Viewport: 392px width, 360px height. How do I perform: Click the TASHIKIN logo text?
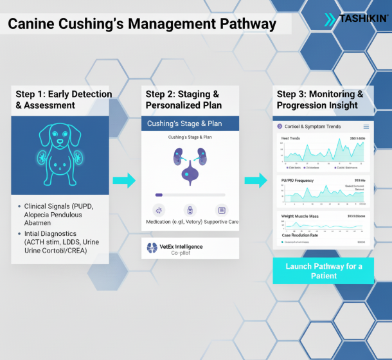tap(364, 19)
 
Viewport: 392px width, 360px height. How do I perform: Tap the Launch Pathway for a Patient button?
tap(323, 271)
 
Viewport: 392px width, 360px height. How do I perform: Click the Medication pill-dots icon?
tap(159, 210)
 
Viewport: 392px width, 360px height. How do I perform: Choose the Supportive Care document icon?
tap(221, 210)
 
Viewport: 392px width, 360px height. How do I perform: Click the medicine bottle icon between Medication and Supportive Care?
tap(190, 210)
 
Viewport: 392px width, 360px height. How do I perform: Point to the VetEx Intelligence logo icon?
tap(152, 248)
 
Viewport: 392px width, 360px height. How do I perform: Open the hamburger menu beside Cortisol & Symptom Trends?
tap(366, 127)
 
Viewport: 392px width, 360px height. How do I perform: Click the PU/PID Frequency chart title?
tap(297, 181)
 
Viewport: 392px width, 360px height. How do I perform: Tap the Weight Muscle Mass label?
tap(301, 217)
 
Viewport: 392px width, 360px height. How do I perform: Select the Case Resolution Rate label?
tap(301, 235)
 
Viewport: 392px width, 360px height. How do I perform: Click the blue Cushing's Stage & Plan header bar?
tap(190, 123)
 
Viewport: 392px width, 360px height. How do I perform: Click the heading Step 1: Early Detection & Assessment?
tap(63, 100)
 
